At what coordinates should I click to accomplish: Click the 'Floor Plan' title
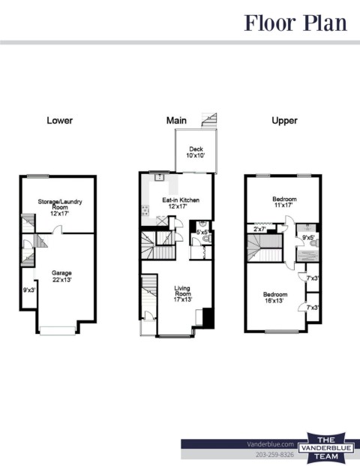coord(295,23)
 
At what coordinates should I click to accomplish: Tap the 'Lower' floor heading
coord(60,120)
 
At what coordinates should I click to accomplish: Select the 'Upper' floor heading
coord(284,121)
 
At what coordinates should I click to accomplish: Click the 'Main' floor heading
coord(176,120)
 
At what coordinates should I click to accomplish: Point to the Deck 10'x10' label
coord(196,152)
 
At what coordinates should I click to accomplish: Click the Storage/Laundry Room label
coord(60,207)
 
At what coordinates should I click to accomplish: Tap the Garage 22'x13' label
coord(61,276)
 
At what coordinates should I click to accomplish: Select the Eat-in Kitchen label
coord(181,203)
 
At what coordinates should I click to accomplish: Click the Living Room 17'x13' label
coord(182,293)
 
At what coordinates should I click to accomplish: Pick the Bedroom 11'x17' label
coord(284,202)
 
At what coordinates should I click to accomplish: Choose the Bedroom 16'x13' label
coord(275,297)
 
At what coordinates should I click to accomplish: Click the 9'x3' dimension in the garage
coord(29,290)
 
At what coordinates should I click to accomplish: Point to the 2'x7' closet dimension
coord(259,229)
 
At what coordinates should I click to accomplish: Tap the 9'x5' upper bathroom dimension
coord(308,237)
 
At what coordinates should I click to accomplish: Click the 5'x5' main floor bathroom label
coord(203,233)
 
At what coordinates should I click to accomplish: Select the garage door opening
coord(58,331)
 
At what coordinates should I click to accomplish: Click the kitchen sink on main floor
coord(160,177)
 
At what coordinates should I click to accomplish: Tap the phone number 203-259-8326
coord(274,455)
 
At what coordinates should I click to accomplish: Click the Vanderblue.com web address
coord(270,444)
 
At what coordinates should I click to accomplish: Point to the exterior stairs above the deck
coord(209,120)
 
